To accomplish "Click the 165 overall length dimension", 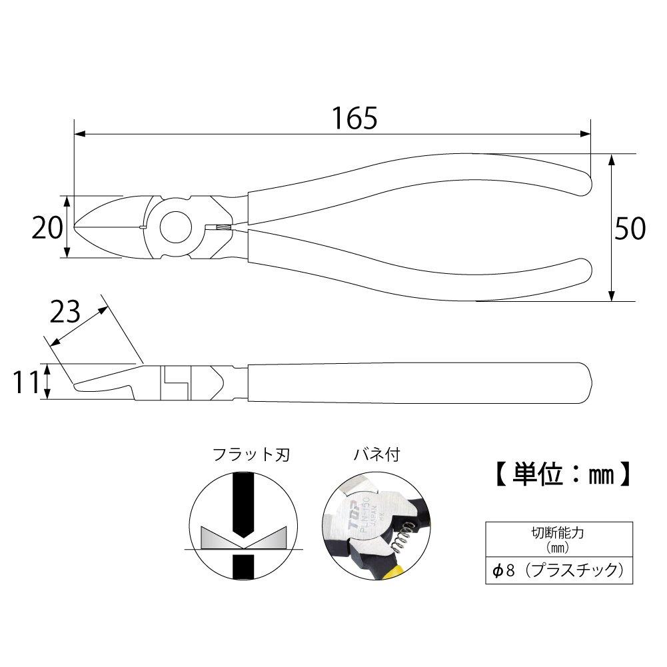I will [x=354, y=118].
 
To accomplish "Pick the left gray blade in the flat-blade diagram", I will [x=217, y=537].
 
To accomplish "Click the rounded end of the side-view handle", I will [x=586, y=381].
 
